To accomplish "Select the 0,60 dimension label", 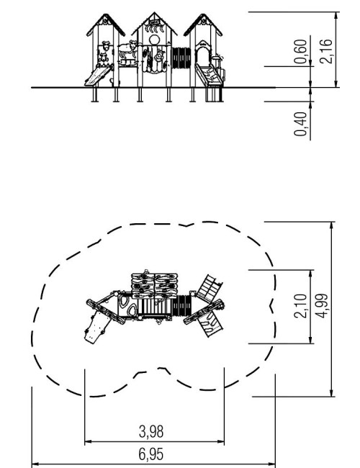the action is point(300,51).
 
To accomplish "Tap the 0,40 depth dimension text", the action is point(300,124).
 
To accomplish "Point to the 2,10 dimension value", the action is point(300,306).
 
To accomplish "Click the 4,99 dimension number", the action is point(322,306).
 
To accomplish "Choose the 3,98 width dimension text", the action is point(151,431).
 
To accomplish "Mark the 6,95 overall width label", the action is point(151,454).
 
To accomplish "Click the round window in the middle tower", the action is point(154,40).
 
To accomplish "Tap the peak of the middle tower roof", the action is point(154,12).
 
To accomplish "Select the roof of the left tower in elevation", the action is point(106,24).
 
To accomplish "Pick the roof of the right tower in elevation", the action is point(203,24).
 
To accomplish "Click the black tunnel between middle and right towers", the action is point(181,58).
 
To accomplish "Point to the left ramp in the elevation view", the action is point(97,76).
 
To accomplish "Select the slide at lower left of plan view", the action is point(96,327).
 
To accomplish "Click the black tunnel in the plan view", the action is point(181,306).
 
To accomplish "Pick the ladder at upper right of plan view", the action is point(210,289).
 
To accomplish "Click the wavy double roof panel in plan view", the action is point(154,286).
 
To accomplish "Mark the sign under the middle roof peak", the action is point(154,22).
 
